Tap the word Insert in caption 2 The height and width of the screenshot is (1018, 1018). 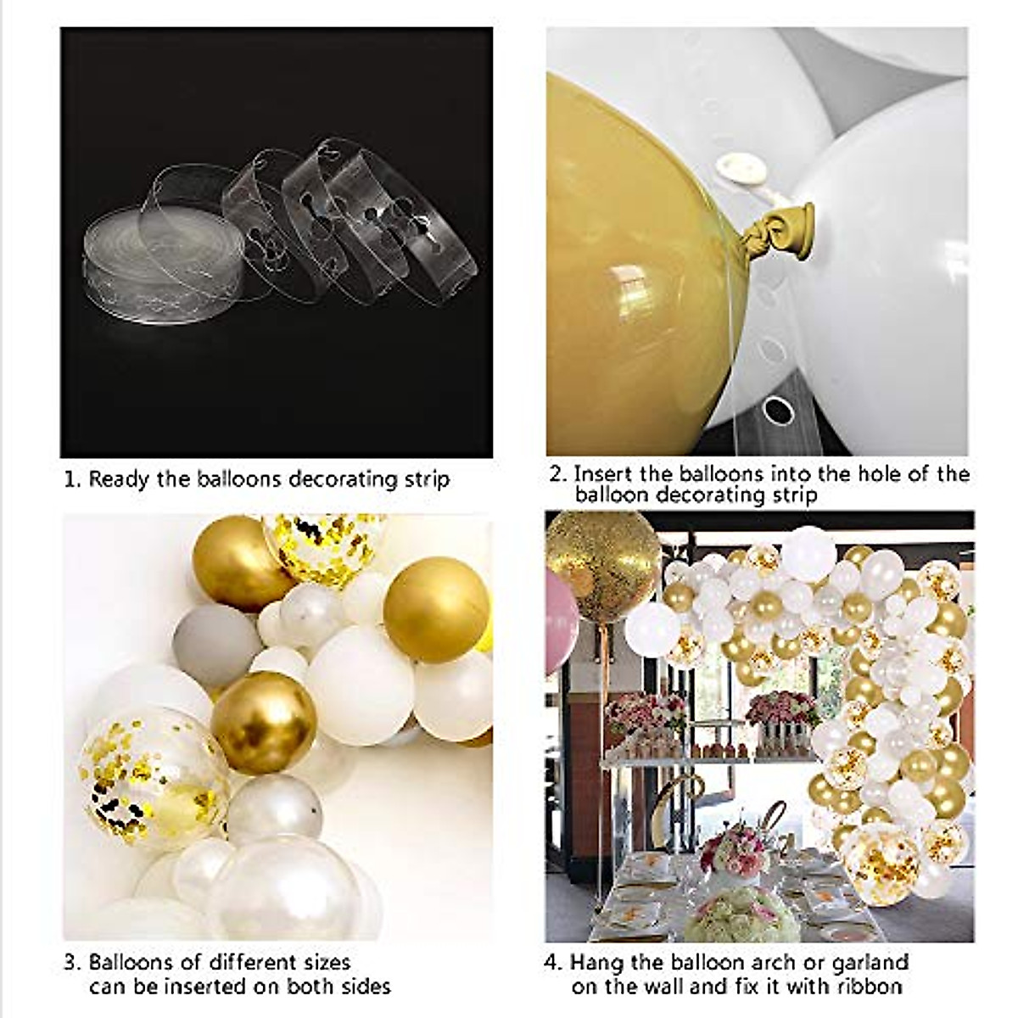pyautogui.click(x=603, y=473)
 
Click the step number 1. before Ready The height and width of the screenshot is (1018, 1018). pyautogui.click(x=73, y=480)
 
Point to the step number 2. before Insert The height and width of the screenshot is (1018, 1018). pyautogui.click(x=557, y=473)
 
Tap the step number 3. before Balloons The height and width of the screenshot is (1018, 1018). pyautogui.click(x=73, y=963)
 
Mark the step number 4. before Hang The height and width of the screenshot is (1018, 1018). pyautogui.click(x=555, y=963)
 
